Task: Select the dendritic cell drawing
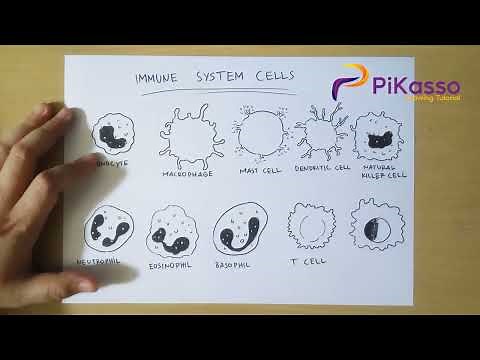(x=320, y=135)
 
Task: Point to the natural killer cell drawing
(x=378, y=137)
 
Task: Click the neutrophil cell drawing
(x=111, y=229)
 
